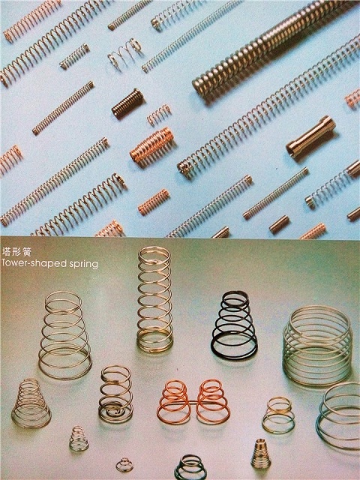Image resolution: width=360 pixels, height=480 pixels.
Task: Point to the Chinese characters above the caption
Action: (16, 252)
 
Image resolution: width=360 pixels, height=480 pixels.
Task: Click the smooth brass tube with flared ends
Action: (310, 136)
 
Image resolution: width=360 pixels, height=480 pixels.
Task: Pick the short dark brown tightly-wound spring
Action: (127, 103)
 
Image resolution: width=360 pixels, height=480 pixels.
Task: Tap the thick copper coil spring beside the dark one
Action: (151, 145)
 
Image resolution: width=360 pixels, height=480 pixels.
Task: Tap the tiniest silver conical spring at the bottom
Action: (124, 465)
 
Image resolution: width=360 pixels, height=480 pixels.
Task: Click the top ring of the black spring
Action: (235, 295)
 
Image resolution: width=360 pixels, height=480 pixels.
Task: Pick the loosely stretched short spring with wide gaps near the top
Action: (125, 52)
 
